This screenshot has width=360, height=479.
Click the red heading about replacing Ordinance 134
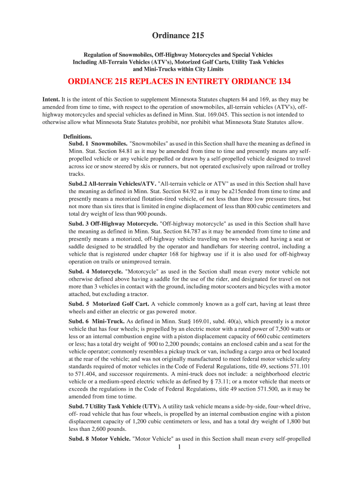(x=180, y=81)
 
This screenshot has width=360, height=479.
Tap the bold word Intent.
(x=51, y=100)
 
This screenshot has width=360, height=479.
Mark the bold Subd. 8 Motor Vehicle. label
(x=99, y=439)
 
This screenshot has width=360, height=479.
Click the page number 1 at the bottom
(x=180, y=447)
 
